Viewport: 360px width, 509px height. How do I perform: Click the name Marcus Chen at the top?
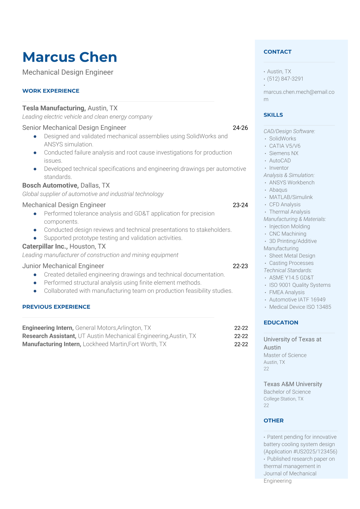click(70, 57)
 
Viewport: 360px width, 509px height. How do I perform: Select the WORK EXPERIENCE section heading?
click(51, 91)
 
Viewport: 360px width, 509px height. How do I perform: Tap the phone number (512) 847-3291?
click(285, 79)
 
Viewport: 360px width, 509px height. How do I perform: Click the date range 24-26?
click(240, 128)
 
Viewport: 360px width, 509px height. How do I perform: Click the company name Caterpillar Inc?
click(45, 246)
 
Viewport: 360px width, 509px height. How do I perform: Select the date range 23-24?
click(240, 205)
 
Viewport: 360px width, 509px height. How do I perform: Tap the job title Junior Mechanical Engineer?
click(63, 266)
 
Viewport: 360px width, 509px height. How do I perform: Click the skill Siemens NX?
click(283, 153)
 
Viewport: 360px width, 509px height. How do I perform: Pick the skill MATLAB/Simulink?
click(291, 197)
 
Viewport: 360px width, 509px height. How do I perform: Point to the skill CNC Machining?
click(287, 234)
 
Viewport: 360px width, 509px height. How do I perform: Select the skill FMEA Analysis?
click(286, 292)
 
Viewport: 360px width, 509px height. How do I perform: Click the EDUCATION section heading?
click(281, 322)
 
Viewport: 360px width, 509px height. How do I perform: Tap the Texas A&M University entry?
click(293, 384)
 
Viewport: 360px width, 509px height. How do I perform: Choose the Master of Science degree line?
click(285, 355)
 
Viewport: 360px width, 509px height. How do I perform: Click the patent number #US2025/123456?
click(315, 452)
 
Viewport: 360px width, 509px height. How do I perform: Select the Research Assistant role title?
click(49, 336)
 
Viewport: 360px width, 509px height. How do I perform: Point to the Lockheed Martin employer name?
click(105, 344)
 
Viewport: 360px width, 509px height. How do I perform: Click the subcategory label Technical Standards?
click(288, 270)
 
